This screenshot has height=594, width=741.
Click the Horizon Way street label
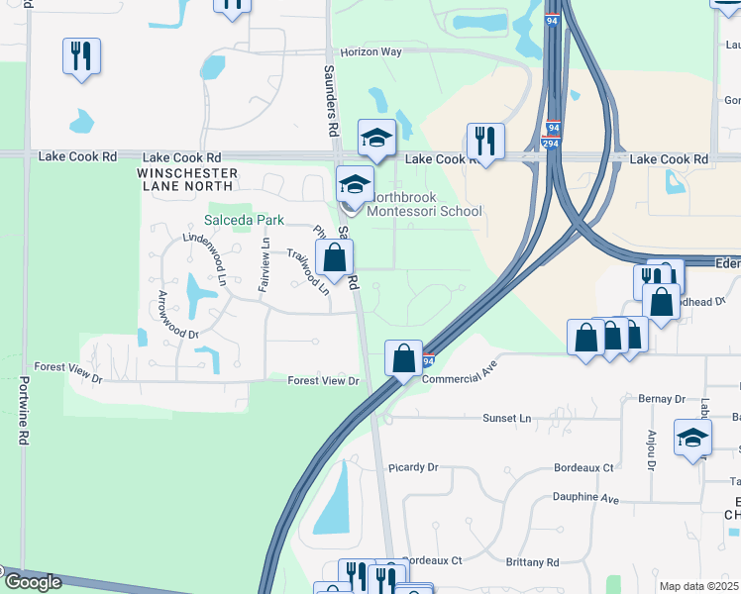371,51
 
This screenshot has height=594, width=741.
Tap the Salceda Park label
244,220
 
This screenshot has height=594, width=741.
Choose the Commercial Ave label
459,369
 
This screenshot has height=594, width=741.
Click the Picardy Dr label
413,467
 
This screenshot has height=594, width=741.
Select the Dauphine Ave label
585,500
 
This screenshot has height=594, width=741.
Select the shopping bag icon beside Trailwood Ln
337,260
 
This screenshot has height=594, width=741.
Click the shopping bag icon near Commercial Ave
404,357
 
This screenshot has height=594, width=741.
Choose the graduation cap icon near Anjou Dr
692,437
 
